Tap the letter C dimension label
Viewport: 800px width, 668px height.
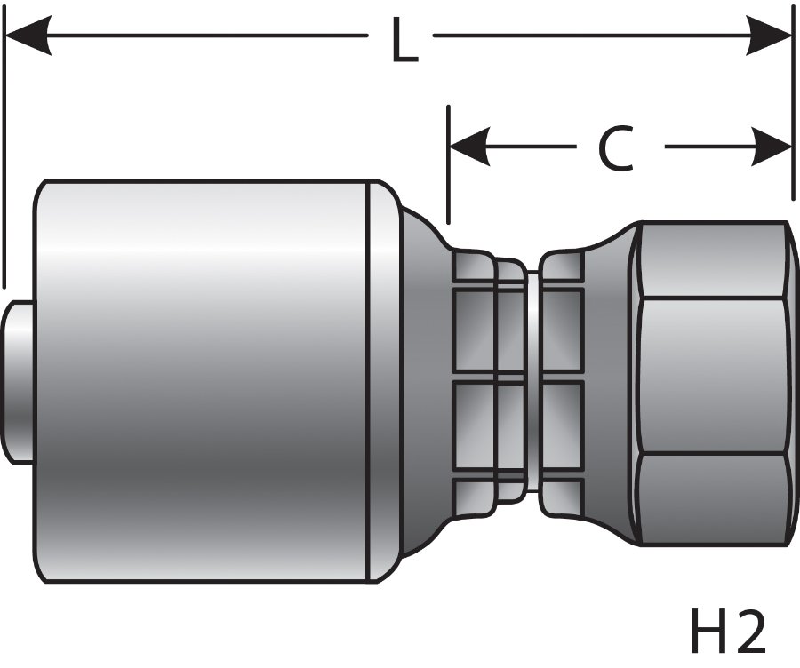(x=614, y=147)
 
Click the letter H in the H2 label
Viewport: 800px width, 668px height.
(x=708, y=632)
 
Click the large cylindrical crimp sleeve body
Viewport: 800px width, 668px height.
(x=204, y=382)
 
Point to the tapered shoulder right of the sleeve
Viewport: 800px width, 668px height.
(x=418, y=382)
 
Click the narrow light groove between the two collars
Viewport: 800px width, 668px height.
(x=532, y=382)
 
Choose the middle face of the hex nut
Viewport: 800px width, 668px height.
(x=711, y=378)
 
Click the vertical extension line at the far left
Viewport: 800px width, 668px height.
(x=4, y=160)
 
